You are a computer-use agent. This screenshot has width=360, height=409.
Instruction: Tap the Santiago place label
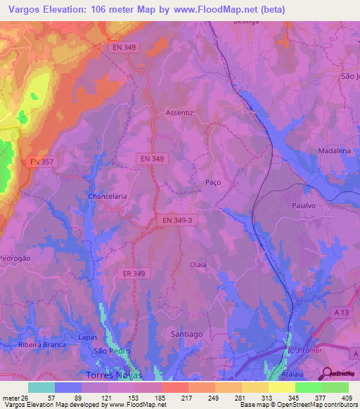[x=188, y=335]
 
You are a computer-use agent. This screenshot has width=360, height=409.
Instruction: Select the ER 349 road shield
[x=133, y=273]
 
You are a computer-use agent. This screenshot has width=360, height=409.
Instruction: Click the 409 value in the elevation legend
[x=347, y=398]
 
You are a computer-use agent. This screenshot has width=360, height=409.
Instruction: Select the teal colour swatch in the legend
[x=41, y=387]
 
